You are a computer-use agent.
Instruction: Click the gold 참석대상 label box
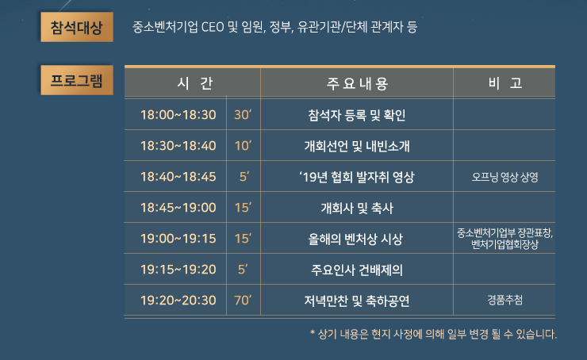[77, 27]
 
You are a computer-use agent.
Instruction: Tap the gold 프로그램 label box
[77, 80]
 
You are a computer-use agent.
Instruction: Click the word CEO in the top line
[213, 27]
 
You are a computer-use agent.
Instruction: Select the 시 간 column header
[194, 83]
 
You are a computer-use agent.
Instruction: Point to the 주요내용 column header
[357, 83]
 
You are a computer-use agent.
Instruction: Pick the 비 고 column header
[505, 83]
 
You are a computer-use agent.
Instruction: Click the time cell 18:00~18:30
[178, 114]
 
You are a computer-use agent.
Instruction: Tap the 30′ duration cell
[243, 114]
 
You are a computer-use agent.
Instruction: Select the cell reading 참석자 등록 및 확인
[357, 115]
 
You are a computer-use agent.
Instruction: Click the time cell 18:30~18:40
[178, 146]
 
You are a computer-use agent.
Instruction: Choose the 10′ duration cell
[243, 146]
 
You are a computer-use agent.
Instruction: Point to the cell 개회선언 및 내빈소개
[357, 146]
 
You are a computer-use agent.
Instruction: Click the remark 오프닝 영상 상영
[505, 177]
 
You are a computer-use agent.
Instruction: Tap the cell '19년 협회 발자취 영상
[357, 177]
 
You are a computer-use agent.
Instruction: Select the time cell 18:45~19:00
[178, 207]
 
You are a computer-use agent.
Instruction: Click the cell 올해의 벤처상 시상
[355, 239]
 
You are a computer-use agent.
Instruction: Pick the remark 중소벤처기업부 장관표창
[505, 233]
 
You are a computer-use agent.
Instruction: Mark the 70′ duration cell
[243, 300]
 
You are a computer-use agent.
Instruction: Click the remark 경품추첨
[505, 300]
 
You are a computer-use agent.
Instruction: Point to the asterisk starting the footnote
[313, 332]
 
